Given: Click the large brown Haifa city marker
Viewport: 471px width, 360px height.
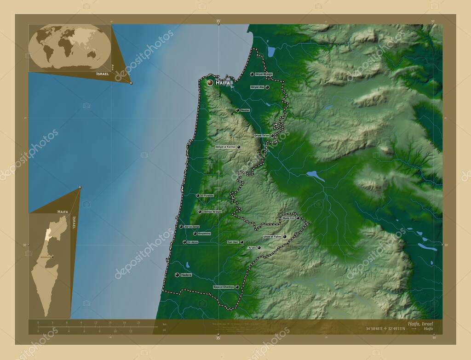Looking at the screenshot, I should [210, 83].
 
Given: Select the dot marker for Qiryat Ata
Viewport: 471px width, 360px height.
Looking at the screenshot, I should [267, 87].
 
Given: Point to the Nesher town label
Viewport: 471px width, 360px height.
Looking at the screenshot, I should [245, 110].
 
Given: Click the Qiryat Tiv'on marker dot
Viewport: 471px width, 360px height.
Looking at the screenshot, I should [272, 136].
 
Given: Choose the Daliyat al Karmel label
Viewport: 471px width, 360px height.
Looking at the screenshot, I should [225, 147].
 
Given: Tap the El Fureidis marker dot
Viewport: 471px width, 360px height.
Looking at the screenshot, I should [198, 196].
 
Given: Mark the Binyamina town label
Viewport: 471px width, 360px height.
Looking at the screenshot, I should [204, 234].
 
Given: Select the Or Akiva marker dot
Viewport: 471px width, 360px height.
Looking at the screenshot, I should [184, 242].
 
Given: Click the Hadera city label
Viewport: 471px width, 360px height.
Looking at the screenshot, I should [186, 274].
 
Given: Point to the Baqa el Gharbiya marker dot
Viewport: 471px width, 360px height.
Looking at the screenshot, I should [237, 287].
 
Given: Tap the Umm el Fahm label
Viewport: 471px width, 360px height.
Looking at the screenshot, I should [272, 237].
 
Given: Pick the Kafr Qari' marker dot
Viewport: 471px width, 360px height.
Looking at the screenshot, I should [242, 242].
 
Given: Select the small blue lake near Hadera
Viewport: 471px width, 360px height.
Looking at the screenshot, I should [188, 265].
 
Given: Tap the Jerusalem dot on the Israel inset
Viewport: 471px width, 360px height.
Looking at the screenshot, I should [52, 257].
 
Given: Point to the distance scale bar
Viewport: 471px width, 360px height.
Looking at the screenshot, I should [92, 326].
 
